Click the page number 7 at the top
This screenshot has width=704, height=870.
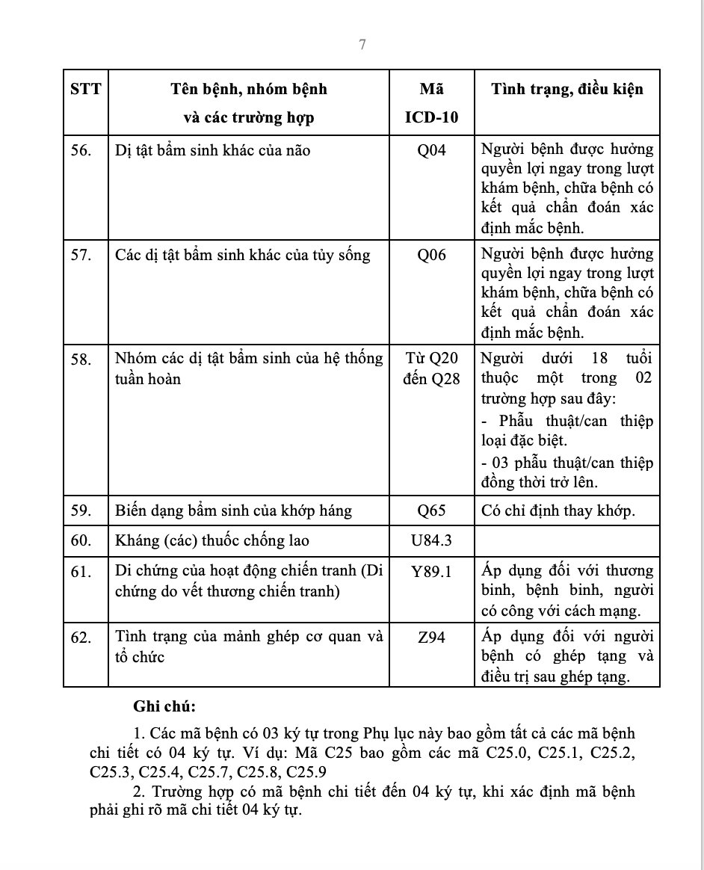[x=362, y=45]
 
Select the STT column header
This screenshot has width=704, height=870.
[x=85, y=90]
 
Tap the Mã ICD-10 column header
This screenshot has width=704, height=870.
[x=431, y=103]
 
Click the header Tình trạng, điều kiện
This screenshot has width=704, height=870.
[x=567, y=90]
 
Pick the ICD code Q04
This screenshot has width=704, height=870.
[x=431, y=150]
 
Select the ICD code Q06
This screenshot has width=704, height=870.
[x=431, y=255]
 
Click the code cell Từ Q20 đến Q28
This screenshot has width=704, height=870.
[x=431, y=368]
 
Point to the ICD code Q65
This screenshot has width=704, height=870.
[x=431, y=511]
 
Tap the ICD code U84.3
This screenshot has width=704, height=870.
[x=431, y=540]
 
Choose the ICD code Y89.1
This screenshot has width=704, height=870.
[x=431, y=572]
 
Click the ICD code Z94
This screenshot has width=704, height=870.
[x=431, y=638]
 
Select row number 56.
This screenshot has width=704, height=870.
[x=81, y=150]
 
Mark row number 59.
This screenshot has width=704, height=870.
[x=81, y=511]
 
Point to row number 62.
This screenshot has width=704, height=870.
[x=81, y=638]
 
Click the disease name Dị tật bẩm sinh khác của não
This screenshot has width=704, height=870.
[x=213, y=150]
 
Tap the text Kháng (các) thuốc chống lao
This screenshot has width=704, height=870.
[x=212, y=540]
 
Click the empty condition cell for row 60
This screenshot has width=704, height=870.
[x=567, y=540]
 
